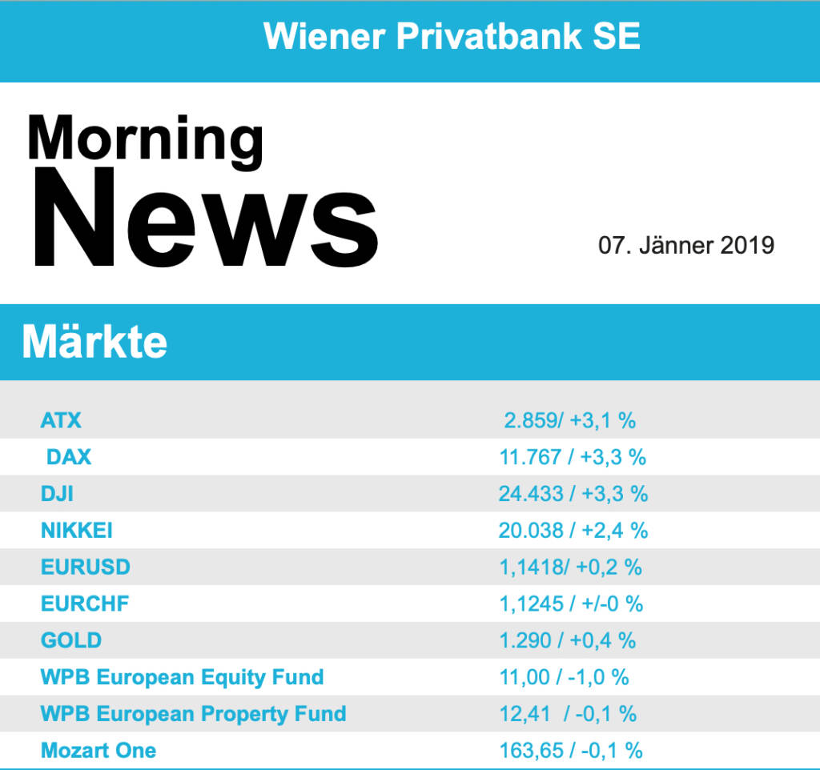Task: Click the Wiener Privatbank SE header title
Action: (x=452, y=36)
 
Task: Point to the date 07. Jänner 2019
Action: (x=686, y=244)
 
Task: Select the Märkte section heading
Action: (x=94, y=342)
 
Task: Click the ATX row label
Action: (x=61, y=419)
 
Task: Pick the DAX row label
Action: (x=69, y=457)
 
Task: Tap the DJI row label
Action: (x=57, y=494)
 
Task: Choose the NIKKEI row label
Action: (x=77, y=531)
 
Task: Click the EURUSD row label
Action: (x=86, y=567)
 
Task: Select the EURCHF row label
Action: (x=84, y=604)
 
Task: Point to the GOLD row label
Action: (x=71, y=640)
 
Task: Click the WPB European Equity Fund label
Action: (x=182, y=677)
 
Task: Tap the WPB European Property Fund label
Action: (x=193, y=714)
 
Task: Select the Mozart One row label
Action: (x=98, y=751)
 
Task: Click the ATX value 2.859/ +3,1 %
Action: (x=570, y=419)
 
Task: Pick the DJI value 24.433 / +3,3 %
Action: (x=573, y=494)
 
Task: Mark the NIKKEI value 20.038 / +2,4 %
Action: (x=573, y=531)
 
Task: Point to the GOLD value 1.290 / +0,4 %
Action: (x=568, y=640)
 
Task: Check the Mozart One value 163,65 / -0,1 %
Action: (x=571, y=751)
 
